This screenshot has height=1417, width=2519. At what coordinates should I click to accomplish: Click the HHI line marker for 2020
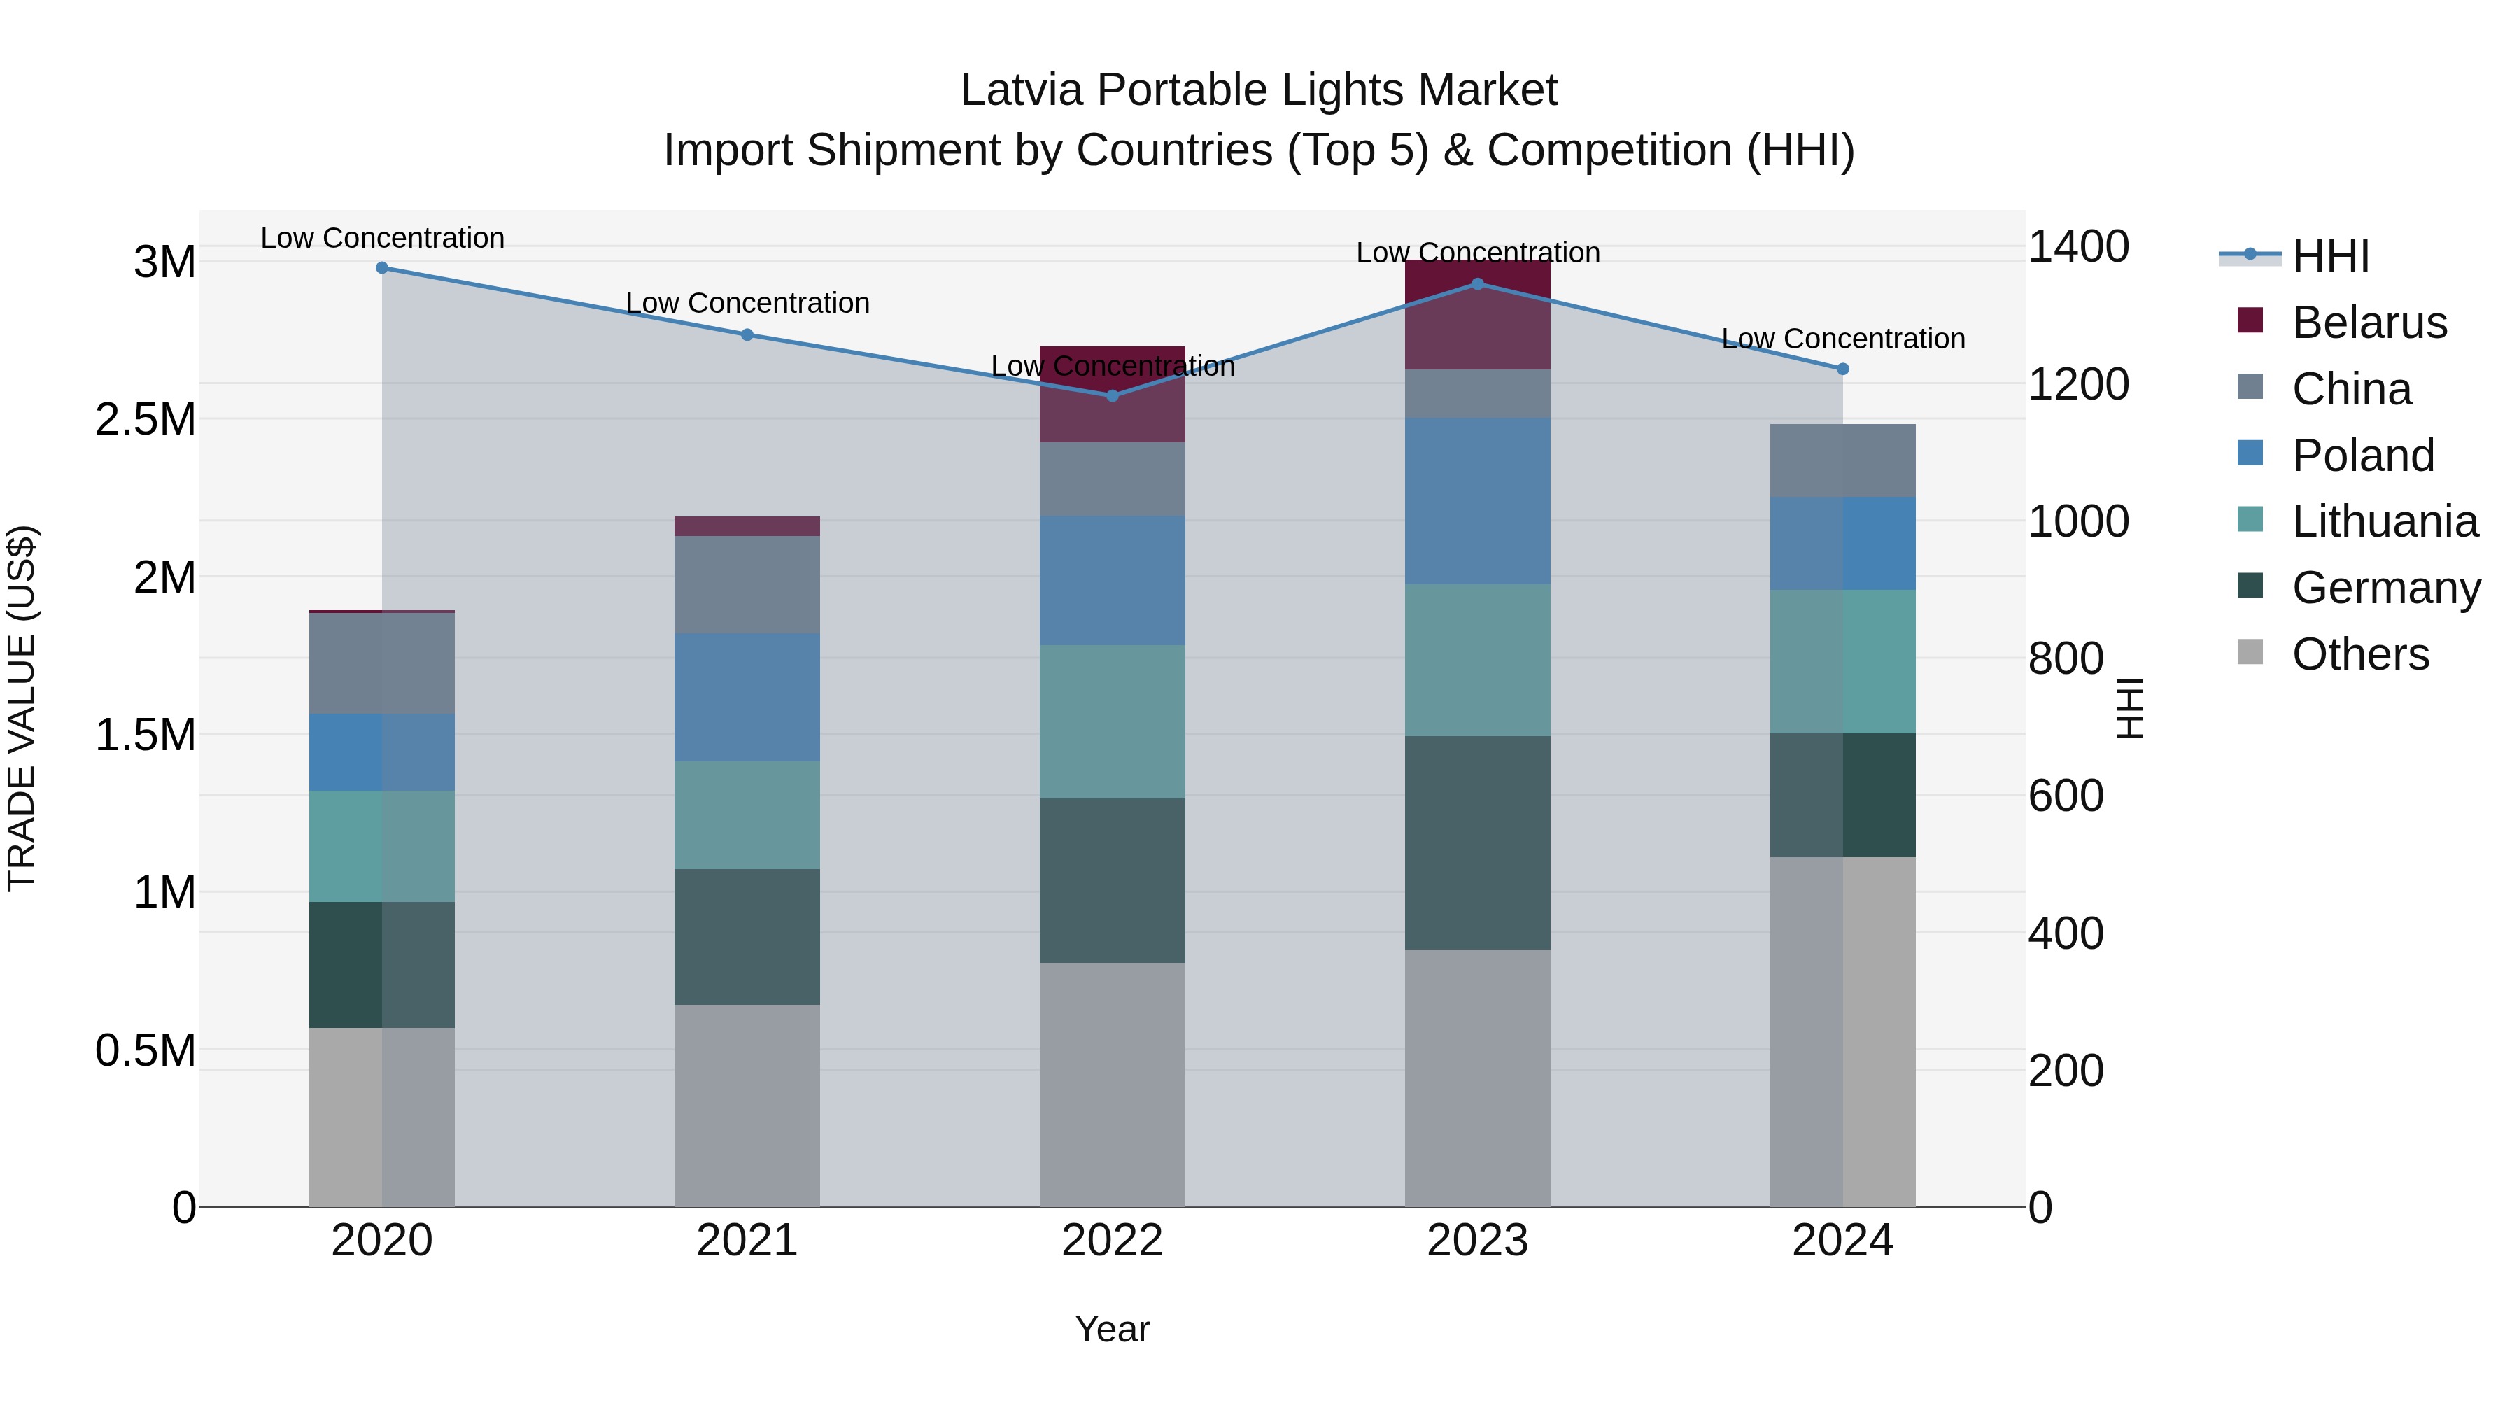[382, 268]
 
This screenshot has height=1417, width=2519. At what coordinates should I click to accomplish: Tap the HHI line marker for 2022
[1112, 396]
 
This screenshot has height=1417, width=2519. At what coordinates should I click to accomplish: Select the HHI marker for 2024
[1842, 369]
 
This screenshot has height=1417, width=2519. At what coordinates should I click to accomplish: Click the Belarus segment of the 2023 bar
[1478, 315]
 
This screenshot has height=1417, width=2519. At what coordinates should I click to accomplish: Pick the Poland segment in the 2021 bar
[747, 697]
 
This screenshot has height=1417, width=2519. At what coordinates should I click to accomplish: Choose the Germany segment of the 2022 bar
[1112, 880]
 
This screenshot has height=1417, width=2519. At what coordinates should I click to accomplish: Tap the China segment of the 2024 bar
[1842, 460]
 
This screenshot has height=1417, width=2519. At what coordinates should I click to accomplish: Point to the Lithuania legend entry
[2384, 522]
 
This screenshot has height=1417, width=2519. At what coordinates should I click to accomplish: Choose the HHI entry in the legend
[2329, 256]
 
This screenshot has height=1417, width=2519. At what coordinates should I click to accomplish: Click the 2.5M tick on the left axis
[146, 420]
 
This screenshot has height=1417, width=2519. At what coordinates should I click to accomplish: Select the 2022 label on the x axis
[1112, 1241]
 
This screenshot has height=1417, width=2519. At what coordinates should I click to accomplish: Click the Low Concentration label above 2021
[747, 303]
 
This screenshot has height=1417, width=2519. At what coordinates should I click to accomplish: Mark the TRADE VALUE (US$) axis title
[22, 708]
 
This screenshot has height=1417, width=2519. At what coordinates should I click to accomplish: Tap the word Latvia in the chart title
[1022, 90]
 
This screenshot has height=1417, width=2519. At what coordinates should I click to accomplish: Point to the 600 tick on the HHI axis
[2066, 796]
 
